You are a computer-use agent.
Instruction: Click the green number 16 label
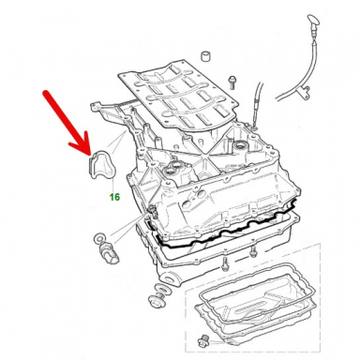point(114,197)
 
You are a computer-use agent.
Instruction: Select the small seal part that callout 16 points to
point(103,166)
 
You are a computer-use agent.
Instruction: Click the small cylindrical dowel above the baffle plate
point(204,56)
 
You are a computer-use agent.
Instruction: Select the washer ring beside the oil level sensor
point(98,239)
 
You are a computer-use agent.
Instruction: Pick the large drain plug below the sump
point(157,299)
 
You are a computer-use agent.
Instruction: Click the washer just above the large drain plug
point(161,288)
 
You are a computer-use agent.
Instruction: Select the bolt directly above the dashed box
point(224,264)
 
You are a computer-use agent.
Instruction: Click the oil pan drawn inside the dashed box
point(255,306)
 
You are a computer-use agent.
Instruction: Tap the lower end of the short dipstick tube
point(254,127)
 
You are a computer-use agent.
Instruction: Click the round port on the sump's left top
point(172,170)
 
